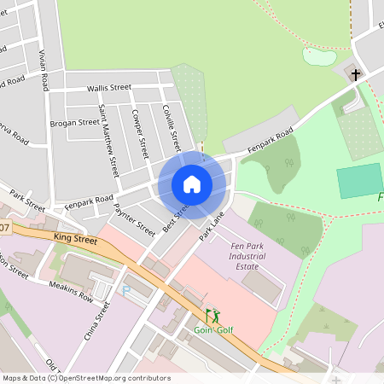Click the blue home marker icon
point(192,184)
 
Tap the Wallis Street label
point(108,88)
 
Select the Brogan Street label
point(74,123)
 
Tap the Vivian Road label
point(43,67)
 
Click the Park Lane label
point(211,225)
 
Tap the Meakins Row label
point(71,290)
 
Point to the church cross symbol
point(355,74)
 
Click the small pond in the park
point(318,56)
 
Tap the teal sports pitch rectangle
point(359,181)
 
